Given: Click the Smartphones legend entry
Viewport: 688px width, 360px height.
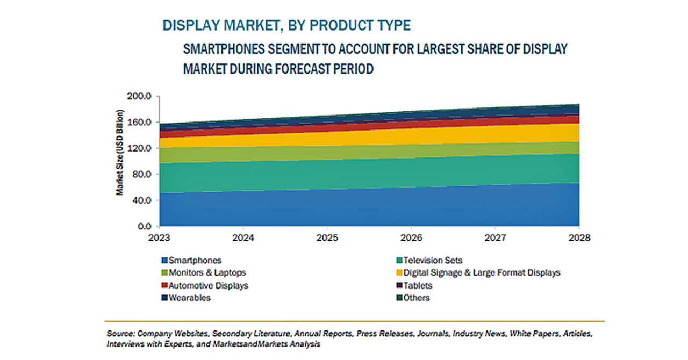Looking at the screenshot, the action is [x=191, y=261].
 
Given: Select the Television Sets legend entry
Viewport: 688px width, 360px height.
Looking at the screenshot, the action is [x=429, y=261].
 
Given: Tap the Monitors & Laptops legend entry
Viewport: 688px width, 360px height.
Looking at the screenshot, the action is [x=204, y=273].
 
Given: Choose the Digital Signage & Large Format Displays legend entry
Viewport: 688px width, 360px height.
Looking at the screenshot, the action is [x=478, y=273].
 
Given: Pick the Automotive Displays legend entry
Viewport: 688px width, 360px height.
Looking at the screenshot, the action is [x=205, y=286].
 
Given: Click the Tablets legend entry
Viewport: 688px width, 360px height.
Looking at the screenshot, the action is [x=414, y=286].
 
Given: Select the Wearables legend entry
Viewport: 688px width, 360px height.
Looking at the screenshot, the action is [x=186, y=298].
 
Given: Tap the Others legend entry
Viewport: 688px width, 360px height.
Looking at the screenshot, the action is [x=413, y=298].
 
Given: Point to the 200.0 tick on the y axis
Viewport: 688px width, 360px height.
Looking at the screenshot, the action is [x=139, y=97].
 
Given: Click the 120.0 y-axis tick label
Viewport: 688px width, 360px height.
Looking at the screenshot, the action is [x=139, y=148].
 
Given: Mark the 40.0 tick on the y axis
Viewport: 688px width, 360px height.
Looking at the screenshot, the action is [x=141, y=200].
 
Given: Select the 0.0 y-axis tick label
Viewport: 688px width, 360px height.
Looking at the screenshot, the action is [x=145, y=226].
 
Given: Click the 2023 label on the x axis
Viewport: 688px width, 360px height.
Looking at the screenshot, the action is [x=159, y=237].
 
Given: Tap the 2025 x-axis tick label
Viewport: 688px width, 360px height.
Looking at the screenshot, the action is [x=327, y=237].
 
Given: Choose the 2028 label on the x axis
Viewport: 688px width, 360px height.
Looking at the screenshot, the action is [x=579, y=237].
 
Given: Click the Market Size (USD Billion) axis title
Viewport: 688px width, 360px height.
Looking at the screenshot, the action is [x=119, y=153].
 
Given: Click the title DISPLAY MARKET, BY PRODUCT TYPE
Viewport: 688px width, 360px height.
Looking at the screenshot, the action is [x=286, y=25].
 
